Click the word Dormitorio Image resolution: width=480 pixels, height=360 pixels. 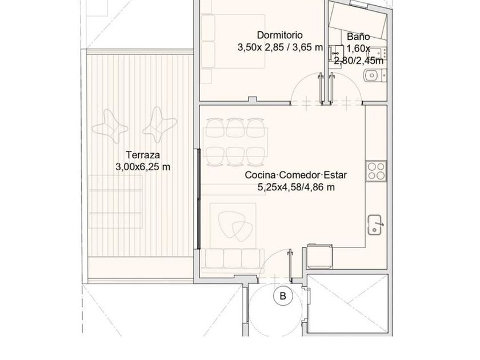pos(280,35)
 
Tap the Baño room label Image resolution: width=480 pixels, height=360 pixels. pos(358,37)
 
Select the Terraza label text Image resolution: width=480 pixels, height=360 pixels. pos(143,155)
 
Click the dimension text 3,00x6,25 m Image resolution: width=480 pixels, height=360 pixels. pos(143,167)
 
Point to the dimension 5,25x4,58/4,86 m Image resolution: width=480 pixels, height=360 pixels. pos(296,187)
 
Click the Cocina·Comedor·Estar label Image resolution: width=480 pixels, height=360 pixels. pos(296,175)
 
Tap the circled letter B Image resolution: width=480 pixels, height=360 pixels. pos(283,296)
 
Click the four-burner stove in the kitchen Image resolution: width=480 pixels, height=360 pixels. pos(376,171)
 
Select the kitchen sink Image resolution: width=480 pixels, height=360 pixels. pos(375,225)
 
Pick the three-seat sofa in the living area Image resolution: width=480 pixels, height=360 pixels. pos(233,259)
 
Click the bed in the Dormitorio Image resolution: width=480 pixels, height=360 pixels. pos(233,41)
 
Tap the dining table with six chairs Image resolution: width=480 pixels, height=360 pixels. pos(235,142)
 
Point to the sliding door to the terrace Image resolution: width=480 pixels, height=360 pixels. pos(198,199)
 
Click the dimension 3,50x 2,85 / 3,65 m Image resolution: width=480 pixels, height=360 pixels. pos(280,47)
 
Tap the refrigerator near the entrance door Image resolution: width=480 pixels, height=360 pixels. pos(319,256)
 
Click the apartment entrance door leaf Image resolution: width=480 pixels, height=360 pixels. pos(290,265)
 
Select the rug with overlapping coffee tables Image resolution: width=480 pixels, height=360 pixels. pos(233,225)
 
